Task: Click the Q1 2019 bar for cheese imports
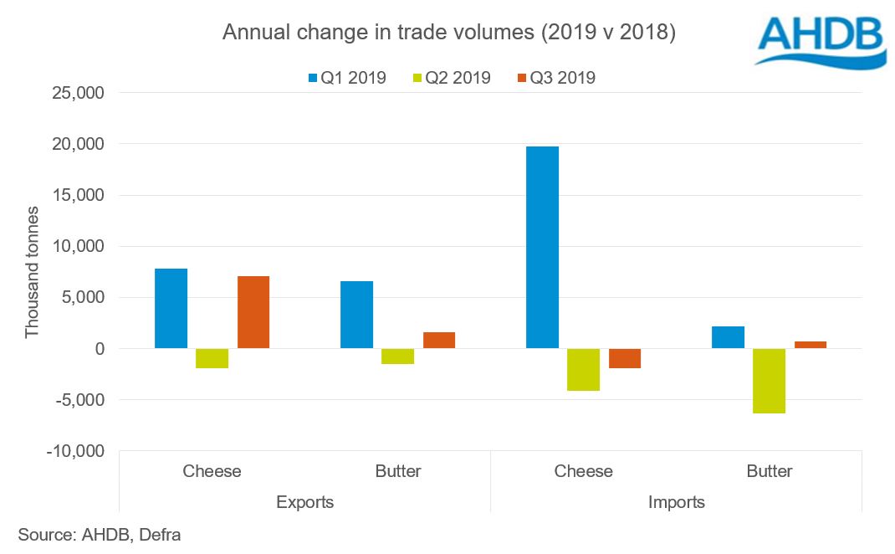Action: click(542, 248)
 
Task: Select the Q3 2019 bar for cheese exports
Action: click(253, 312)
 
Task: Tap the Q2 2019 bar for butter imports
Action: click(769, 381)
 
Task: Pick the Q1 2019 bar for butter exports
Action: click(356, 315)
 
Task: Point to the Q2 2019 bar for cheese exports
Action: click(212, 358)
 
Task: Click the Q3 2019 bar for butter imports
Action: click(811, 345)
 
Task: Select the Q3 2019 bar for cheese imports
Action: click(625, 358)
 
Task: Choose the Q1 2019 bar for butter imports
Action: click(728, 337)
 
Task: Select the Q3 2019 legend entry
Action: click(556, 78)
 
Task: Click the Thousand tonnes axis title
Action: click(32, 272)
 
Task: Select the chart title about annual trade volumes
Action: click(448, 33)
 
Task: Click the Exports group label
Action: click(304, 502)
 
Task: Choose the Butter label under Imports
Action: click(769, 471)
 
